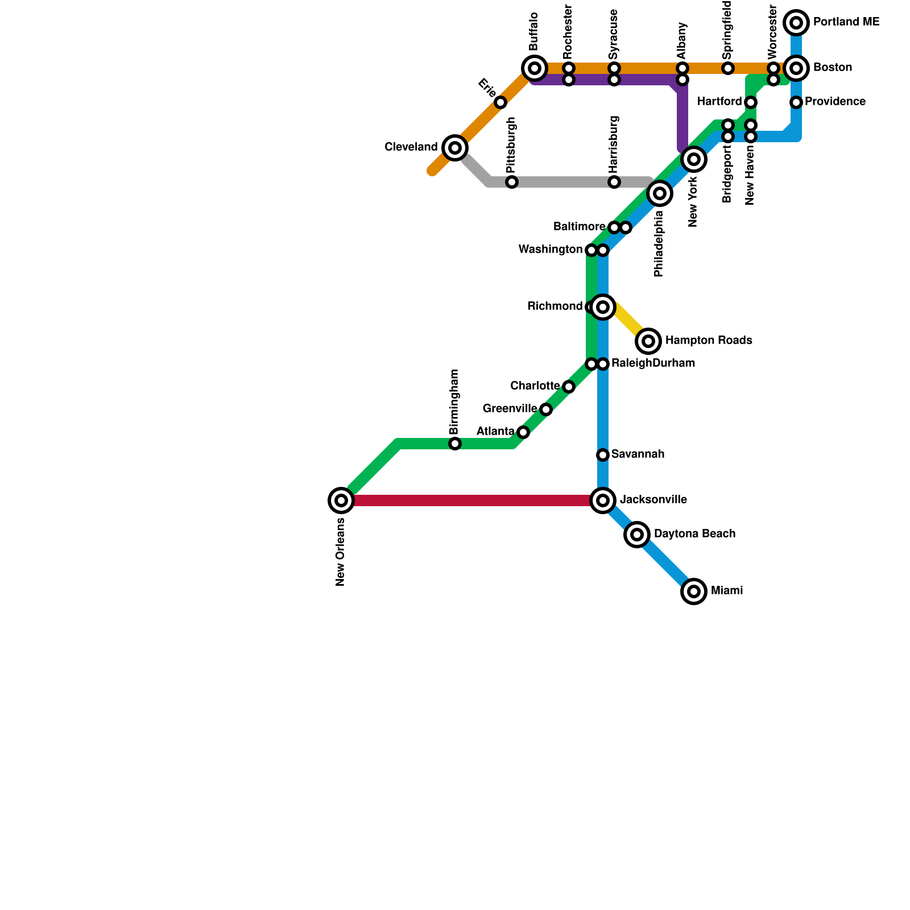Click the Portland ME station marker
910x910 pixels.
pos(796,23)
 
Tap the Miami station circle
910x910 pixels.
pos(694,591)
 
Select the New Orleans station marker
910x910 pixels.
pos(341,500)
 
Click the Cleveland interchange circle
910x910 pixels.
pos(455,148)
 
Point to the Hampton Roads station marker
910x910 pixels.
pos(648,341)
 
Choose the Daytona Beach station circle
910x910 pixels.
pos(637,535)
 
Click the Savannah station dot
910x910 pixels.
pos(603,455)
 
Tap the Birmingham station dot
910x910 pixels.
pos(455,444)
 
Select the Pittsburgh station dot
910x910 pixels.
pos(512,182)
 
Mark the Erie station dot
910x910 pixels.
pos(500,102)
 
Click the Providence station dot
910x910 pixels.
pos(796,102)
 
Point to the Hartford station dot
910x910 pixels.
pos(751,102)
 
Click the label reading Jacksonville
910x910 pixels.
pos(653,500)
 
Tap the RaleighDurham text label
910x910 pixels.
pos(653,363)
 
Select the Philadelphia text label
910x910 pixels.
pos(659,245)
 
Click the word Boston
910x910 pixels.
pos(832,68)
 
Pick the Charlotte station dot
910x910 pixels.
pos(569,387)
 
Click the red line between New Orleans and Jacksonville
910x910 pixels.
pos(472,500)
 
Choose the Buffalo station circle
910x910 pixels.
pos(535,68)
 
